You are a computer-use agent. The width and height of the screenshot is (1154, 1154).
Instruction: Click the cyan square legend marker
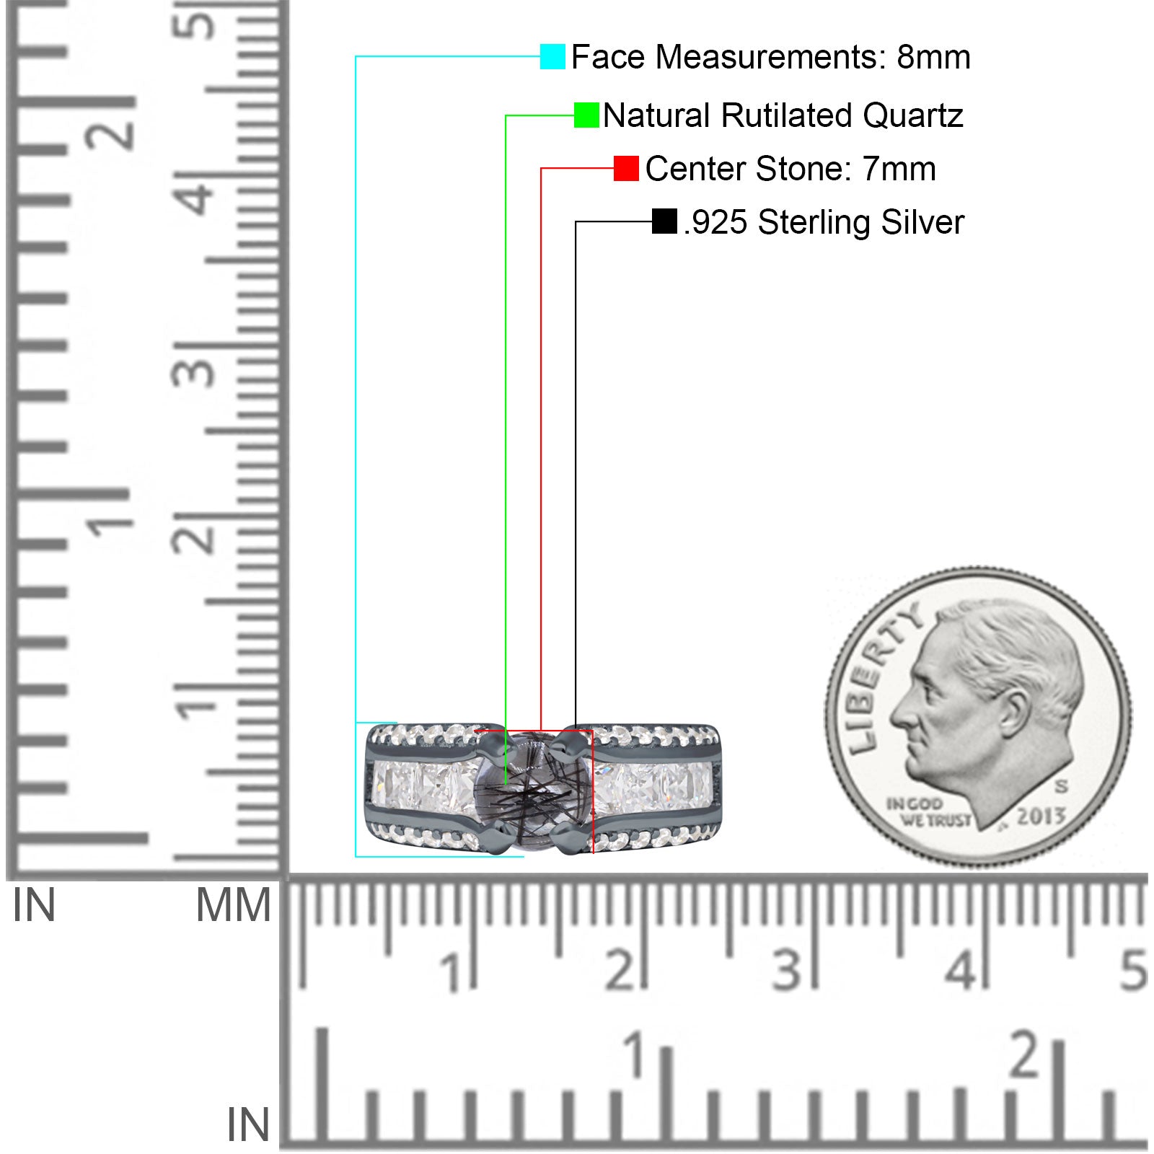[x=552, y=56]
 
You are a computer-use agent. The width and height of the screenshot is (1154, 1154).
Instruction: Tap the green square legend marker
[x=586, y=115]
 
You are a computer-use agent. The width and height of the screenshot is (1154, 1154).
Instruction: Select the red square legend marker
[x=626, y=168]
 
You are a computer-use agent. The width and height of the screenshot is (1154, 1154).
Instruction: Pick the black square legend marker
[x=664, y=221]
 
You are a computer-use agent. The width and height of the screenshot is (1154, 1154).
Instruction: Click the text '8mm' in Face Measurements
[x=933, y=57]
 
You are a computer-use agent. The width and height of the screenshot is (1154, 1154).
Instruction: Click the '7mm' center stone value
[x=899, y=169]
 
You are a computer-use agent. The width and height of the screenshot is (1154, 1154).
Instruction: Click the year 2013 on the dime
[x=1041, y=816]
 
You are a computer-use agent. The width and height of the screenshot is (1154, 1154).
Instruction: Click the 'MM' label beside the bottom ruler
[x=234, y=906]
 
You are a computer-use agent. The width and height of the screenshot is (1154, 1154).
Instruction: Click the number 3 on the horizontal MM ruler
[x=786, y=969]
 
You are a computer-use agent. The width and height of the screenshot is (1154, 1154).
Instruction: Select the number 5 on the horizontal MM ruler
[x=1133, y=969]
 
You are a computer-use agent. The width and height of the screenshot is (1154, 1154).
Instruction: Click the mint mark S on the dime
[x=1060, y=785]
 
